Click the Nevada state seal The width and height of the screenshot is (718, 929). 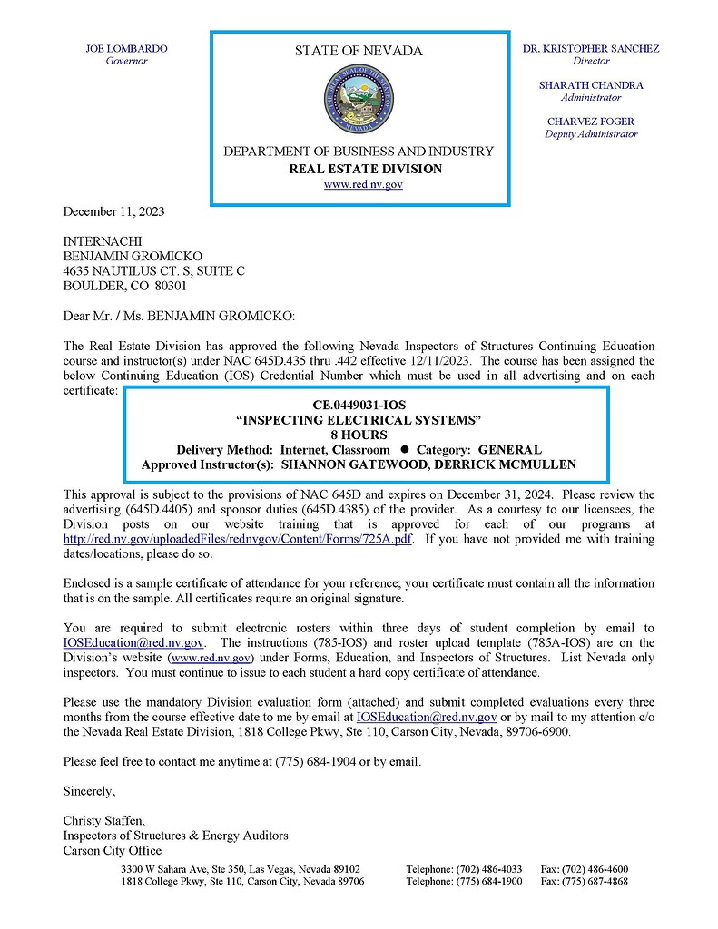point(359,100)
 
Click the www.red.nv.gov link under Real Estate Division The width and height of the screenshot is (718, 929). point(363,184)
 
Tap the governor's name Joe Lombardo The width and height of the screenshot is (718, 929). point(126,49)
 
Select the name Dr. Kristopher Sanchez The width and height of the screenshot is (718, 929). point(591,49)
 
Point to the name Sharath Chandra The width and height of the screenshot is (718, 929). point(591,85)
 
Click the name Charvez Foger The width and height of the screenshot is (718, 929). point(591,122)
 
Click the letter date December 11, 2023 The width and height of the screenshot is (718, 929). point(113,211)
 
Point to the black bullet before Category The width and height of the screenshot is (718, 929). point(404,449)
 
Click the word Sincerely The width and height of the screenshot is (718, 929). point(89,791)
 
